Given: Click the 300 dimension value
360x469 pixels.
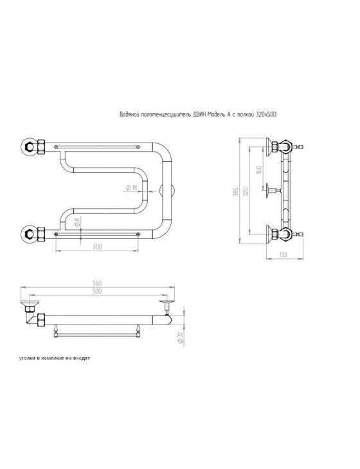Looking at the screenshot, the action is (98, 247).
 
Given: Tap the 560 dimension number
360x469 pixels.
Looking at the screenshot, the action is (97, 283).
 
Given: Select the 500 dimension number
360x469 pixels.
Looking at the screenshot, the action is (97, 291).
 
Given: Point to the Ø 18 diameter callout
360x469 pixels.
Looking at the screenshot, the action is (130, 188).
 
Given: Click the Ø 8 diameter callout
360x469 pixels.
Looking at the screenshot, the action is (76, 222).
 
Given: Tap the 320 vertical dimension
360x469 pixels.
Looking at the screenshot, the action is (246, 191).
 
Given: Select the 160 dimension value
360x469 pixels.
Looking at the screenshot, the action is (260, 170).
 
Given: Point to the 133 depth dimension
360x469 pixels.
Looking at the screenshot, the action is (283, 254).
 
